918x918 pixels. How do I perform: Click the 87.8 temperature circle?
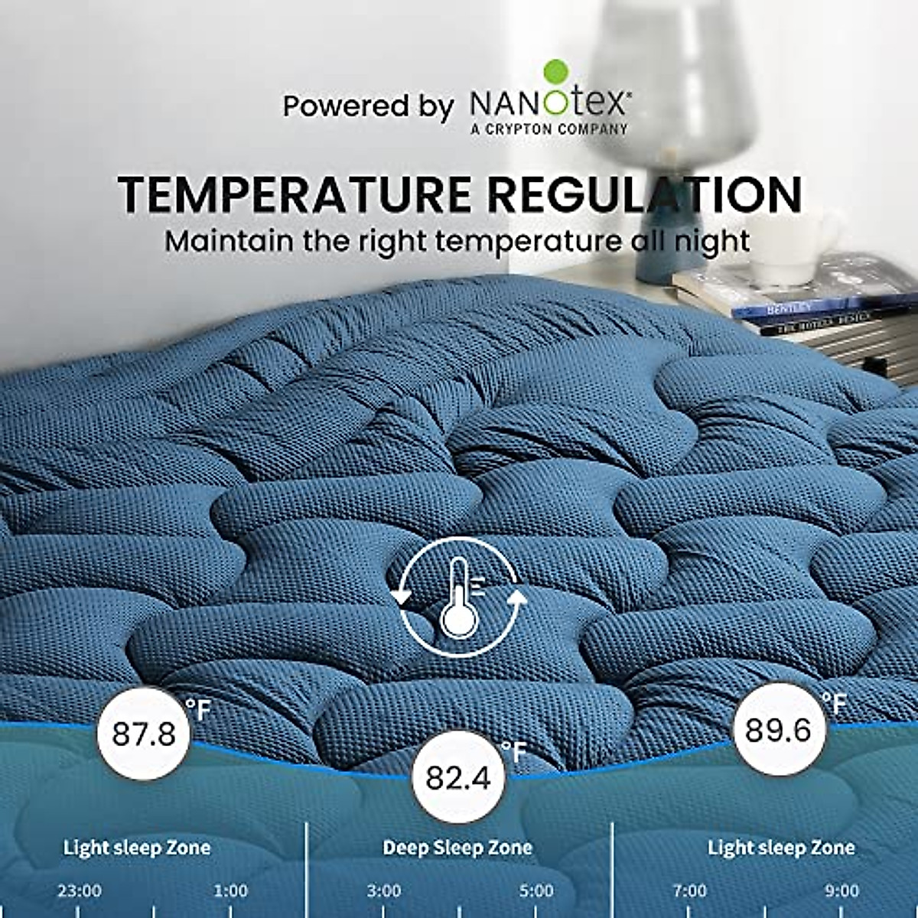(x=143, y=734)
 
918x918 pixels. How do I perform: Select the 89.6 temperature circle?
(x=777, y=730)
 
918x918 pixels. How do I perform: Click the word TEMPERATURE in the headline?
(x=295, y=194)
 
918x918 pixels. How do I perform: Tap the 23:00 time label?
(x=79, y=891)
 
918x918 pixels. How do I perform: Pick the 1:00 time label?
(x=230, y=891)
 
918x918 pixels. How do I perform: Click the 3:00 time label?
(x=383, y=891)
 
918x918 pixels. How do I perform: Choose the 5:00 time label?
(x=535, y=891)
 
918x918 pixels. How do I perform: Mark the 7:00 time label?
(x=689, y=891)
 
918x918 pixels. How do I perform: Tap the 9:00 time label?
(x=841, y=891)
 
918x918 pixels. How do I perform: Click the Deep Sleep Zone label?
(x=457, y=848)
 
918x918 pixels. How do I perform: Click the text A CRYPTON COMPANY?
(x=549, y=129)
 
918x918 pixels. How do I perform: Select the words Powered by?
(x=368, y=106)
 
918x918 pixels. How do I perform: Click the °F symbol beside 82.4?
(x=514, y=752)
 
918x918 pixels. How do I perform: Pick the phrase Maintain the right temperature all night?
(x=457, y=240)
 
